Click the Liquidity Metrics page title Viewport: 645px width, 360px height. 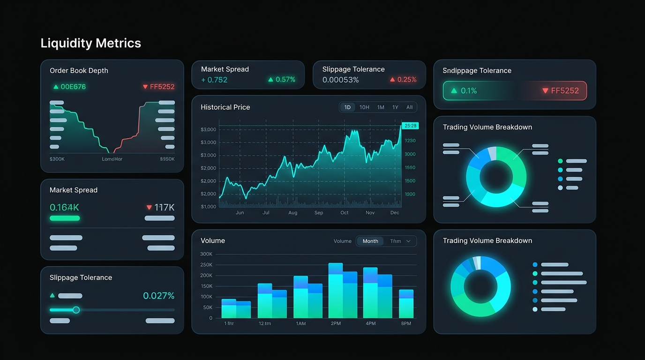(90, 43)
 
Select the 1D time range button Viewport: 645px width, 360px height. (347, 107)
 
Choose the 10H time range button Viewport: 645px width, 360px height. (364, 107)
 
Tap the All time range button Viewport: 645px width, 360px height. (409, 107)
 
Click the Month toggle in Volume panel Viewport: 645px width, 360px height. (370, 241)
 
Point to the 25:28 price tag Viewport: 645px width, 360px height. (410, 126)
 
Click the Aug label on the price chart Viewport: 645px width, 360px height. (292, 213)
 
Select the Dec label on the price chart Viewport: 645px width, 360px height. (395, 213)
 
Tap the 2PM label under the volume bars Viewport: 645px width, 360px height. (336, 324)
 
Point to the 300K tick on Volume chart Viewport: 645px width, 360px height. (206, 254)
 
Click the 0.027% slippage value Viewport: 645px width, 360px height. (158, 296)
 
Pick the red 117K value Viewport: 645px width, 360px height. (164, 207)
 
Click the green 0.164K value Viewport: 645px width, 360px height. (64, 207)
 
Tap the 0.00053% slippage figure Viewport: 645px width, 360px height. (340, 80)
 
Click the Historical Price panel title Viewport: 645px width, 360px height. (225, 107)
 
